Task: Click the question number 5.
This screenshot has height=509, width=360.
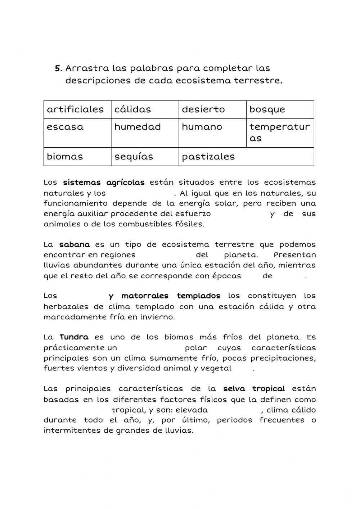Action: point(58,68)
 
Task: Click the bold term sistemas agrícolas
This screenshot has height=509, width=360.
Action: point(104,183)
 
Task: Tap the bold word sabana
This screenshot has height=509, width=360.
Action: point(75,245)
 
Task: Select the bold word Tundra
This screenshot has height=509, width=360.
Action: point(74,337)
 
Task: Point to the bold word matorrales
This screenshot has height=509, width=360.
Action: point(145,296)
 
